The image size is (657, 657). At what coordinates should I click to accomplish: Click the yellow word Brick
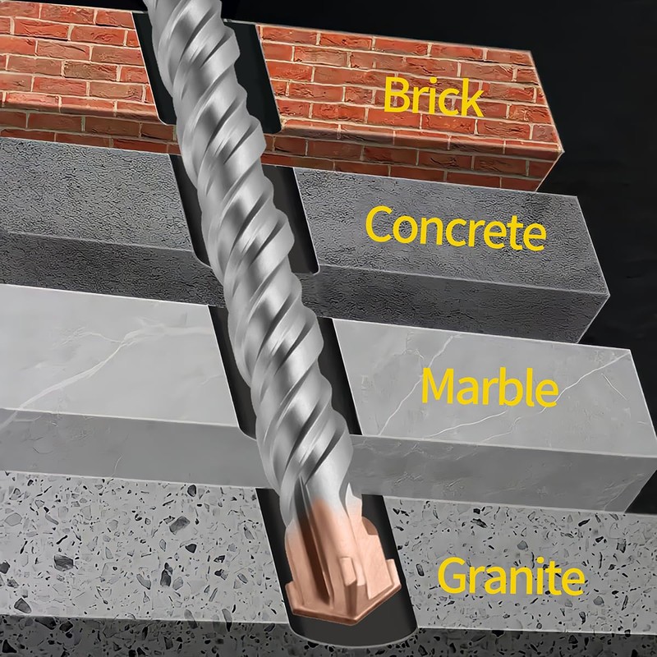point(433,96)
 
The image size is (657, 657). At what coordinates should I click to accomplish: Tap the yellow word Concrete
point(456,229)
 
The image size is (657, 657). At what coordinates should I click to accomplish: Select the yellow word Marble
point(489,387)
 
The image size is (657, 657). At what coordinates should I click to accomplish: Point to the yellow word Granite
point(511,577)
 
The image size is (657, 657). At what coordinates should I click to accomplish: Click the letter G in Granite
point(454,577)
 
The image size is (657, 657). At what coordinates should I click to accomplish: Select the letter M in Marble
point(440,385)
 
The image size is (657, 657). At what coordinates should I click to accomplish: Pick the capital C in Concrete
point(379,225)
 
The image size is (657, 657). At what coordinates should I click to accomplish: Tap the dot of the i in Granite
point(540,561)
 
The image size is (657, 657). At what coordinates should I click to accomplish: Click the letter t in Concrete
point(517,232)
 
